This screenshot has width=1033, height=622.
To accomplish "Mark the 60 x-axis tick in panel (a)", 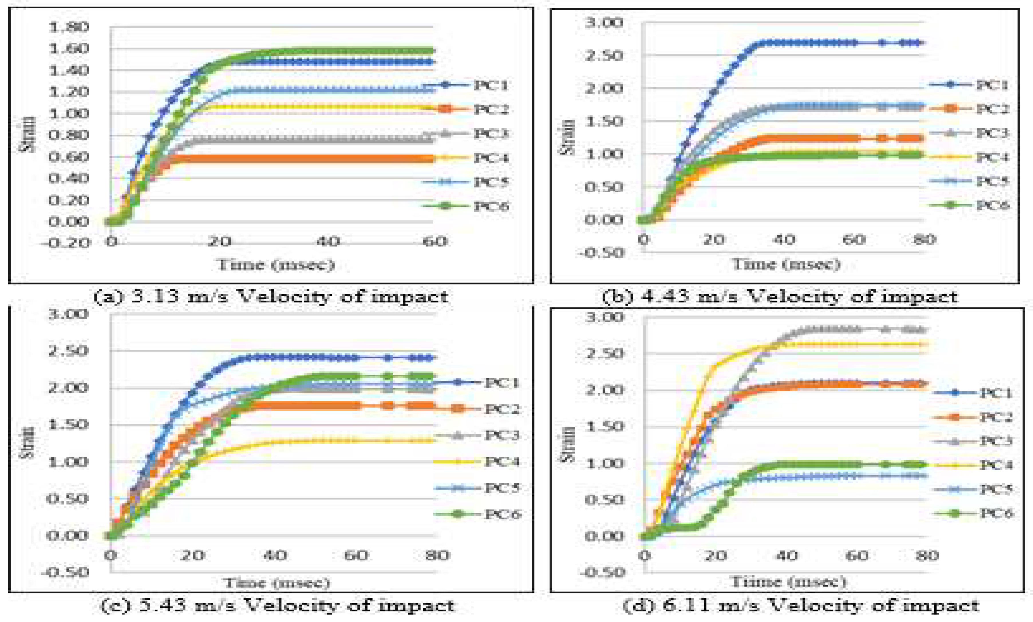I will (434, 241).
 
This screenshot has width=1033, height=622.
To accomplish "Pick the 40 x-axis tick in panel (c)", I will (275, 556).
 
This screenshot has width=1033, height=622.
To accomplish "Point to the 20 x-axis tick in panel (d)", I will (715, 556).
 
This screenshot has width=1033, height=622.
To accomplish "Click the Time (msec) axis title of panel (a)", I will (275, 264).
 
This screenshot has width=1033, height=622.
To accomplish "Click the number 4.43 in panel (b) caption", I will (665, 297).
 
